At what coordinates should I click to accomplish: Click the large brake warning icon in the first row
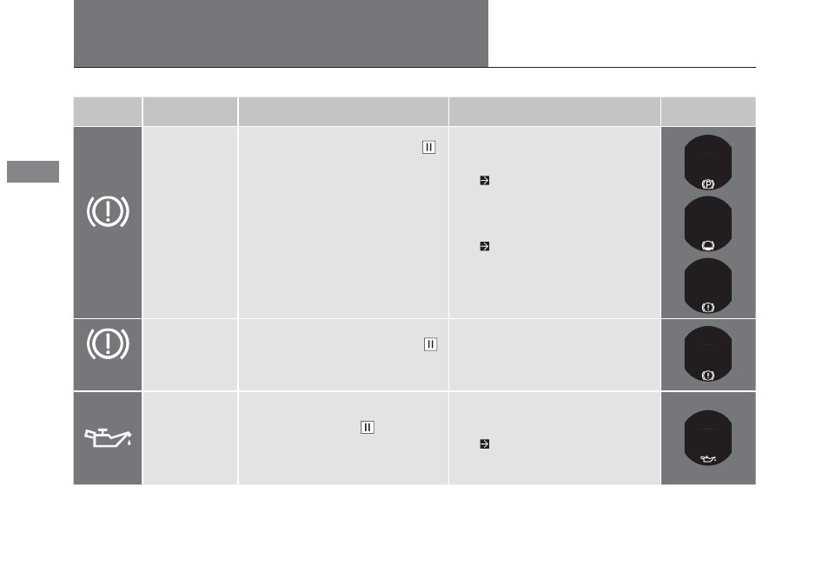(x=108, y=211)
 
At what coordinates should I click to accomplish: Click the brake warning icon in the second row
(x=108, y=343)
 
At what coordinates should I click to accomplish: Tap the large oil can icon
(x=108, y=438)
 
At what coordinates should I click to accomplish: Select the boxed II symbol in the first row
(x=428, y=147)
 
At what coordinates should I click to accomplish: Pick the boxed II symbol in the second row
(x=430, y=344)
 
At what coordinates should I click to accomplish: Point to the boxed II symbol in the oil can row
(x=368, y=428)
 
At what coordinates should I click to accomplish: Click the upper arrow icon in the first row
(x=484, y=180)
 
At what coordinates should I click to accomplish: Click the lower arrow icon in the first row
(x=484, y=246)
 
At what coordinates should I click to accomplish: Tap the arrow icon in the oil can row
(x=484, y=443)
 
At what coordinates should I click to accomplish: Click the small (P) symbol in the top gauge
(x=708, y=184)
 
